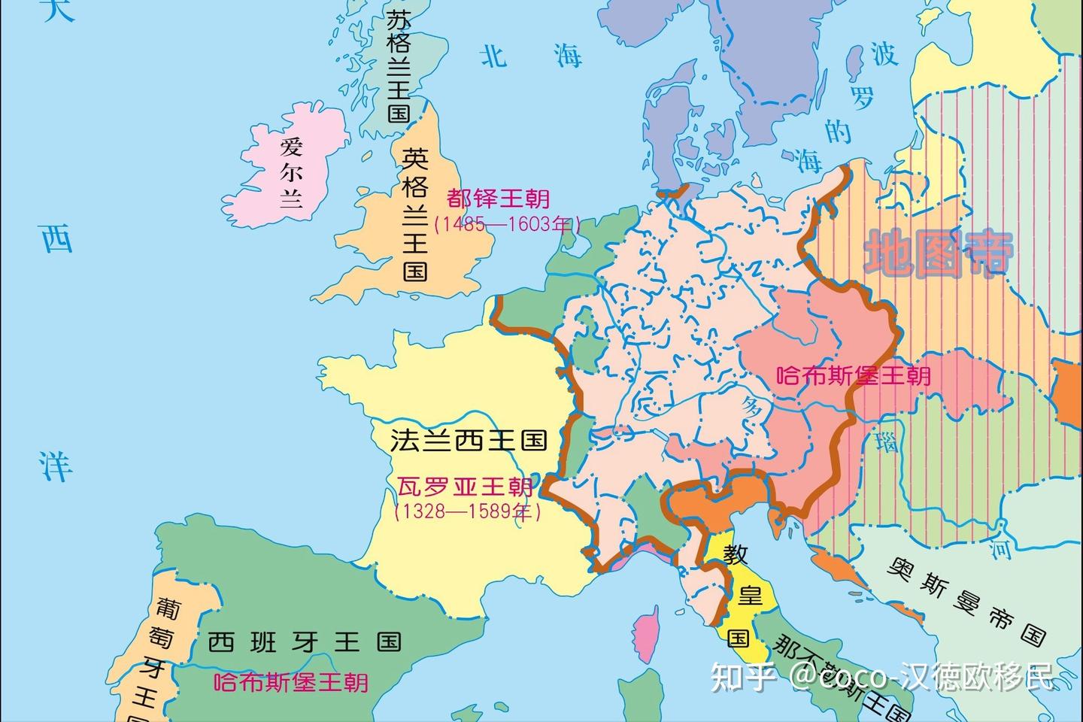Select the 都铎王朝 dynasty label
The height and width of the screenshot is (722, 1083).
499,199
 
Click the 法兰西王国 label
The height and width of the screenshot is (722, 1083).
468,440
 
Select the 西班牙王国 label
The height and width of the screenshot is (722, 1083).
304,642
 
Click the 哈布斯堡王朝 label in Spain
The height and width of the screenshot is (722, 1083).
292,682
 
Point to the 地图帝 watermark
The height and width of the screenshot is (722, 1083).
939,253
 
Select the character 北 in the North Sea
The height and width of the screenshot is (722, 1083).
494,56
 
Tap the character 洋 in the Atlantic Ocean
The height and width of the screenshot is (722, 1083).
56,466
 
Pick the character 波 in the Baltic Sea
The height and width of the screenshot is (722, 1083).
884,54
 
